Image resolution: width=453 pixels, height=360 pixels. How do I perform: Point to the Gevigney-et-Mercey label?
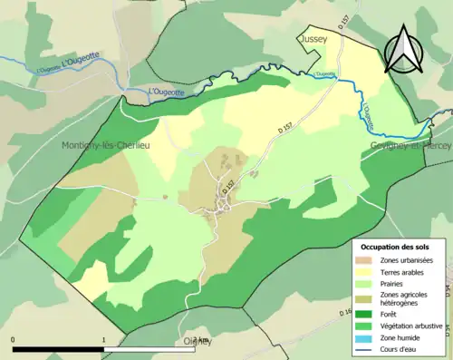click(410, 145)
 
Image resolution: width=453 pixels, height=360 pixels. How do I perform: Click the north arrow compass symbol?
click(405, 49)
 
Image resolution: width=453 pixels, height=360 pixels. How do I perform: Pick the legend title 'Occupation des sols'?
click(396, 247)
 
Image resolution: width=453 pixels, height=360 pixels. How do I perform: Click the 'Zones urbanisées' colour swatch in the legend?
click(365, 260)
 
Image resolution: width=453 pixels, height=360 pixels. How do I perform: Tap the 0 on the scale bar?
click(14, 340)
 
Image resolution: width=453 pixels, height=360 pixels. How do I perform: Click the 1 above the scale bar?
click(103, 340)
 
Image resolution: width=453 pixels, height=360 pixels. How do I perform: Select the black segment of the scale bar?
click(59, 348)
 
